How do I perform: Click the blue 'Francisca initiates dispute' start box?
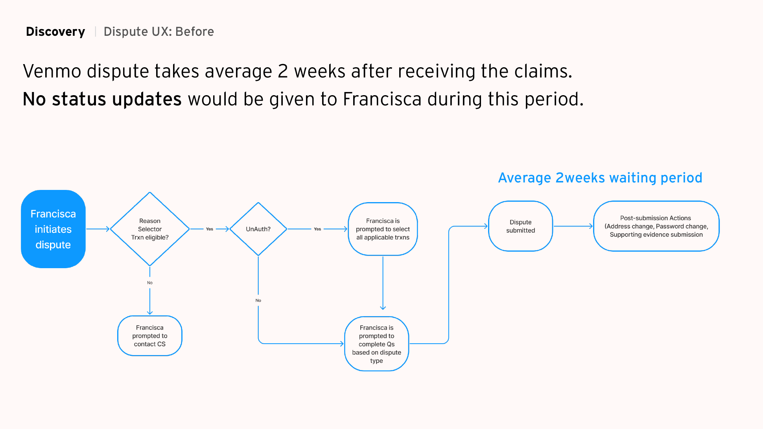click(53, 229)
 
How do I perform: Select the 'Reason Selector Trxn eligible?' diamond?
click(150, 229)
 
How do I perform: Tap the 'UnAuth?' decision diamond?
click(258, 229)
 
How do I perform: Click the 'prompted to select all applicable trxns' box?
click(383, 229)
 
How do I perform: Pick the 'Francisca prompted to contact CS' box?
click(149, 336)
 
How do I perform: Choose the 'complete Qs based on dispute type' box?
click(376, 344)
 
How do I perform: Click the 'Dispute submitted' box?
click(520, 226)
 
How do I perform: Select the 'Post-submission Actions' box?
click(656, 226)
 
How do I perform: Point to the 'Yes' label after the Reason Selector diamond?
click(210, 229)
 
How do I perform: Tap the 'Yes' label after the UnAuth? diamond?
click(317, 229)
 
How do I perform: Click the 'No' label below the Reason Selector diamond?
click(150, 283)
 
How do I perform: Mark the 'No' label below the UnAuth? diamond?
click(258, 300)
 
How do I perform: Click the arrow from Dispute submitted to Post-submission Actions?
click(573, 226)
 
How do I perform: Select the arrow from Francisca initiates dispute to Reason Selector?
click(98, 229)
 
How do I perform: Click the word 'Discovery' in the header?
click(55, 31)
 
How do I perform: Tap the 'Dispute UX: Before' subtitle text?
click(159, 31)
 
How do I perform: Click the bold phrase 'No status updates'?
click(102, 99)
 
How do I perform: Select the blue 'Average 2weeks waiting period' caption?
click(600, 178)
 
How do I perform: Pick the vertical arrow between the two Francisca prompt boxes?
click(383, 283)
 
